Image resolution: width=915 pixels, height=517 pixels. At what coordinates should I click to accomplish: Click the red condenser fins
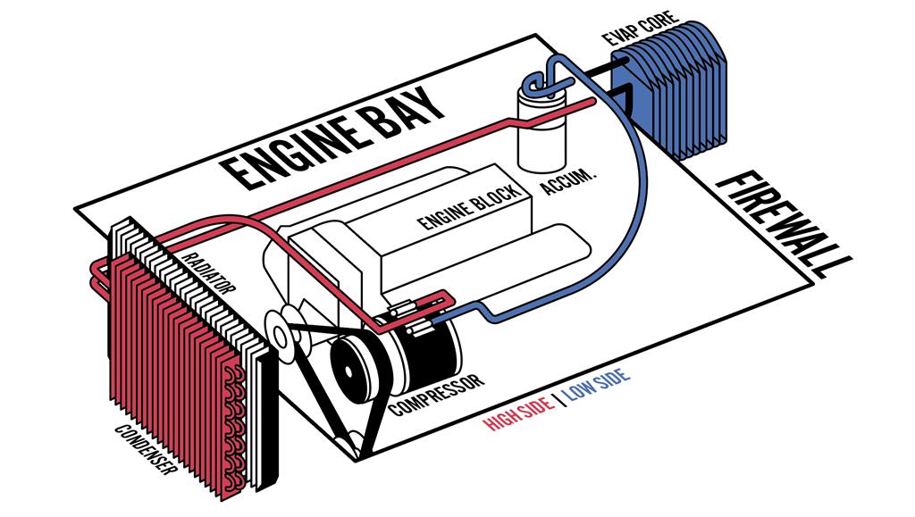click(170, 348)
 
